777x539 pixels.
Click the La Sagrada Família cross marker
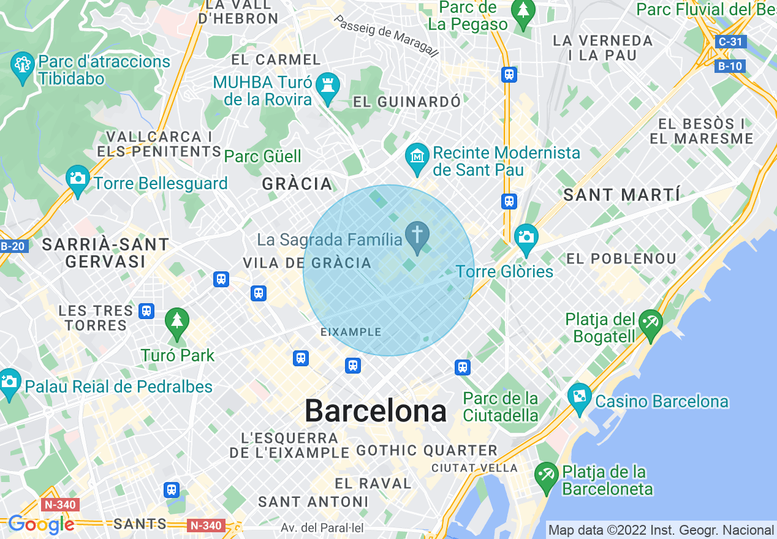click(417, 236)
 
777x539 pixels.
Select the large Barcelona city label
click(376, 411)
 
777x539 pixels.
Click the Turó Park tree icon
click(177, 322)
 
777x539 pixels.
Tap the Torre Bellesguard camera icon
click(78, 179)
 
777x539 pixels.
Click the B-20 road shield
click(12, 246)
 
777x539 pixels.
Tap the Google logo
click(41, 524)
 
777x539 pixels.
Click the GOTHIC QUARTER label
click(427, 451)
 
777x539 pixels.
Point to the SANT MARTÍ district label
click(621, 195)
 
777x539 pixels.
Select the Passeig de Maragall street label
click(386, 36)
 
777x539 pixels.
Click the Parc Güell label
click(263, 156)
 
